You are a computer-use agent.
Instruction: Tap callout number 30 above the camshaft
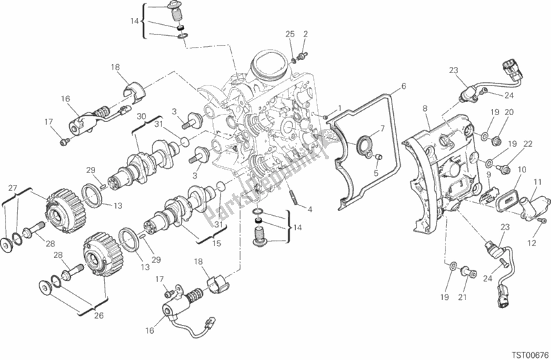click(141, 117)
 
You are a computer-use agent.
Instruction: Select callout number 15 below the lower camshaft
click(217, 243)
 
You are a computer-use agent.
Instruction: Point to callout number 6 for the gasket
click(403, 86)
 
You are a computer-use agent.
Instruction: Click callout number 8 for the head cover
click(425, 109)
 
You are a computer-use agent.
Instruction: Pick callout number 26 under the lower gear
click(99, 315)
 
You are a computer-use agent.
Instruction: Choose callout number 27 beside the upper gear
click(12, 188)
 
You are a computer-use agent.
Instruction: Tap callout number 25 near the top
click(290, 34)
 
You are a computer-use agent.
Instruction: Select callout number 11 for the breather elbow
click(537, 183)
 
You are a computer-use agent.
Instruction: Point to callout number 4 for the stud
click(310, 210)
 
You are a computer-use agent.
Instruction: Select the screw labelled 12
click(541, 221)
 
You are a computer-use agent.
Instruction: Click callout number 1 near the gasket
click(339, 108)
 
